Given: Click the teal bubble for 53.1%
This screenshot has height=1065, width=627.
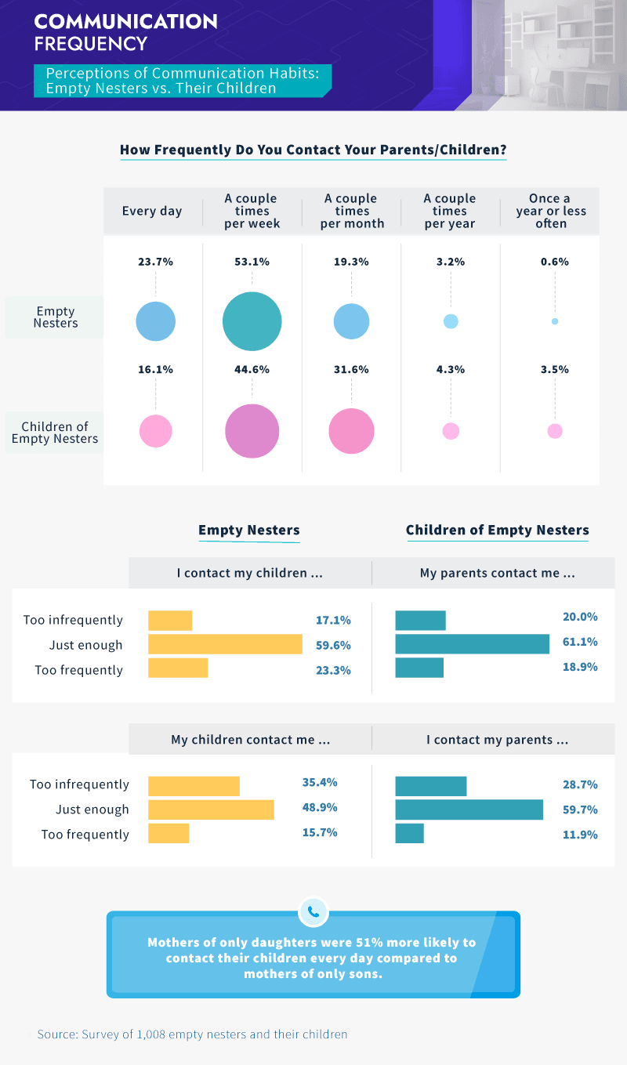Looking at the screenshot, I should click(x=252, y=321).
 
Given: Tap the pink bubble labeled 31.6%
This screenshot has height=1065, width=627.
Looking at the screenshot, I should click(x=351, y=431).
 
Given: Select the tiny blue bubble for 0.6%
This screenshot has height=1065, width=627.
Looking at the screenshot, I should click(x=555, y=321).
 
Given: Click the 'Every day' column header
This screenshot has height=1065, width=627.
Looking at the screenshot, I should click(x=152, y=212).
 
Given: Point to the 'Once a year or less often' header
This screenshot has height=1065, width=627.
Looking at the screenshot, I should click(x=551, y=212).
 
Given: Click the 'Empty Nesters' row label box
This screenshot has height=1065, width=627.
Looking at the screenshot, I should click(x=55, y=317).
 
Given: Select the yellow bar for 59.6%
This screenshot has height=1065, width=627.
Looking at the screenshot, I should click(x=225, y=645).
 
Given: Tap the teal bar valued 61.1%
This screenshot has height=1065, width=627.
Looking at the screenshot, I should click(x=472, y=644).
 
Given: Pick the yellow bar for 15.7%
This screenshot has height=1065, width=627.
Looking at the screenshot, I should click(x=169, y=834).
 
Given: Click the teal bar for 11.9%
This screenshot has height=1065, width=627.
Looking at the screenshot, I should click(x=409, y=834).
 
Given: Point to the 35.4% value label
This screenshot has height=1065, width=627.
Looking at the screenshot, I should click(x=320, y=782).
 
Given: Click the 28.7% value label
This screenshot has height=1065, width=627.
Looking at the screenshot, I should click(x=580, y=784).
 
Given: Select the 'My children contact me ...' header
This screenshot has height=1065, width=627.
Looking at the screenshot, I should click(x=250, y=740).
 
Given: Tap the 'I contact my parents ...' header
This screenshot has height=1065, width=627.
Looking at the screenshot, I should click(x=497, y=740).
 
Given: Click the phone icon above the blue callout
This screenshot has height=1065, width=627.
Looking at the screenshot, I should click(x=313, y=911).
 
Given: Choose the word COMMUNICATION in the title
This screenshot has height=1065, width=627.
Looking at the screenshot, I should click(x=125, y=21).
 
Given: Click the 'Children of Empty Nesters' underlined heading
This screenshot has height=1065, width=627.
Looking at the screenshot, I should click(x=497, y=531).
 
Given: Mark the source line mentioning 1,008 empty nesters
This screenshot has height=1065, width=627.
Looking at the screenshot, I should click(x=192, y=1034).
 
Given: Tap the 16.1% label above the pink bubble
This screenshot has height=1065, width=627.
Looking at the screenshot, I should click(x=155, y=370).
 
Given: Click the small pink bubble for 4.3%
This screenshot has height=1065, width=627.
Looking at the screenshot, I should click(x=451, y=431).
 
